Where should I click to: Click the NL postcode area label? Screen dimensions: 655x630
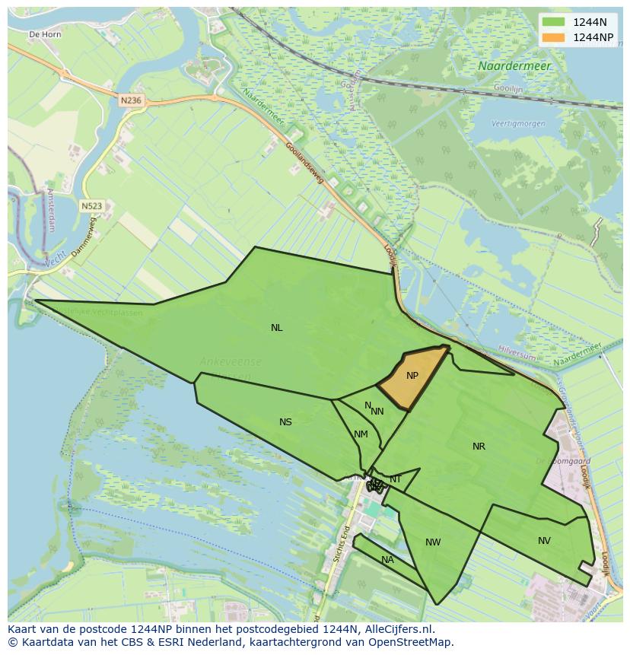[276, 328]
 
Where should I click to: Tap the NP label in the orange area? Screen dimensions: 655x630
[412, 376]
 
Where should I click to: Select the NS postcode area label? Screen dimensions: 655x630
[285, 422]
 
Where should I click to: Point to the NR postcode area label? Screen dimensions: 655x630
[479, 447]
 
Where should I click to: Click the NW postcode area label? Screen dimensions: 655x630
[433, 542]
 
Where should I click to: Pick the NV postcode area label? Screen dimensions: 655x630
[544, 541]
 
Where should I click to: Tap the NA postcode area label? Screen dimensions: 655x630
[387, 560]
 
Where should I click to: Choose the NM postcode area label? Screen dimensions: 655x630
[361, 434]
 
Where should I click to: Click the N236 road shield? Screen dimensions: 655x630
[131, 100]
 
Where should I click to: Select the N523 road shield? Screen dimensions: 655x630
[91, 205]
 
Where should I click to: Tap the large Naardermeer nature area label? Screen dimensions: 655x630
[514, 66]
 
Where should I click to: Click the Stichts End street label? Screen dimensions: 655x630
[340, 543]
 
